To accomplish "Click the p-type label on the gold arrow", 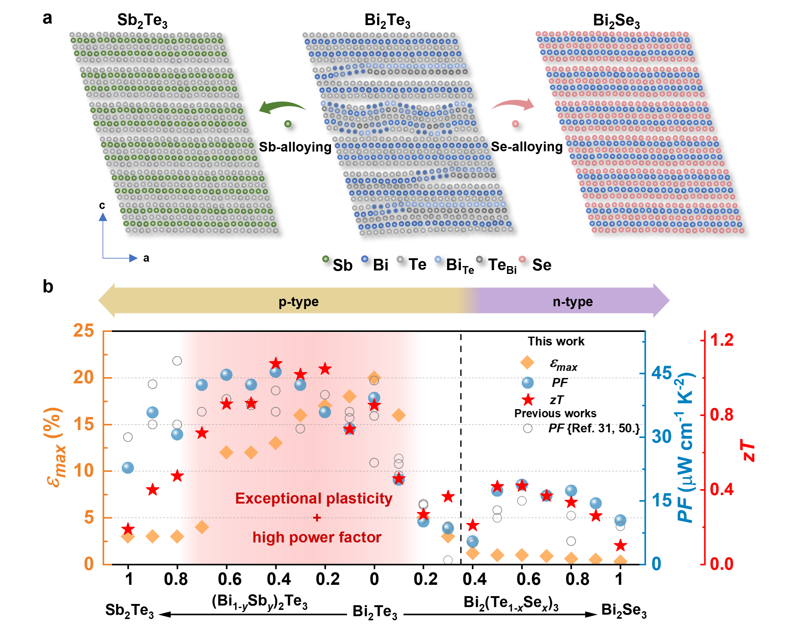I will (x=298, y=302).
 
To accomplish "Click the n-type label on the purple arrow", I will (x=572, y=302).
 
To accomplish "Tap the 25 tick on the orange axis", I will (x=84, y=330).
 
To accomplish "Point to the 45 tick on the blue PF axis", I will (x=662, y=373).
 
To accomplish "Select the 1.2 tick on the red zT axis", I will (x=722, y=340).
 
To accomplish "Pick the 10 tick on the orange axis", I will (x=84, y=471).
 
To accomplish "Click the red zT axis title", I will (x=749, y=450).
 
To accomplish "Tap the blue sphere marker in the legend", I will (x=528, y=382).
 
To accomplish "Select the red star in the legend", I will (x=528, y=399).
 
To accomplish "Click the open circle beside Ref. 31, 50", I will (x=528, y=428).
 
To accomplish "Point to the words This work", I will (x=556, y=341).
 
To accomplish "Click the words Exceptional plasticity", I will (x=314, y=498).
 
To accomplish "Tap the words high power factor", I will (x=317, y=537).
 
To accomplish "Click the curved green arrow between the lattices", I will (x=282, y=107).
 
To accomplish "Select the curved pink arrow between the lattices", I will (x=513, y=105).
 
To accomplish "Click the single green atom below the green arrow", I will (x=288, y=124).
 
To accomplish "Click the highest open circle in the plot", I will (x=177, y=361).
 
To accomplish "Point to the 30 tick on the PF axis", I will (x=662, y=437).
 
